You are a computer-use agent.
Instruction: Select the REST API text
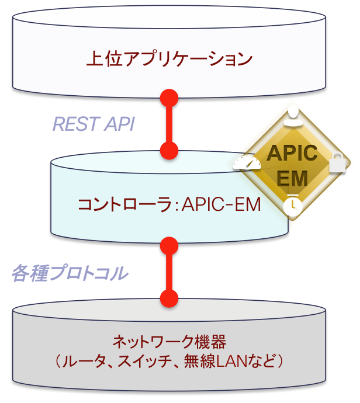point(94,124)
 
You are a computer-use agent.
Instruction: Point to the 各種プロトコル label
point(70,273)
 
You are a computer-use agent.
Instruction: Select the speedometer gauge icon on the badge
point(246,164)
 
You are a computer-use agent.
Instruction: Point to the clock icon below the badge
point(291,206)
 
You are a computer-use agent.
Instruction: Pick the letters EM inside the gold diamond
point(292,177)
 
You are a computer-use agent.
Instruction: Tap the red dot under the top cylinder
point(169,96)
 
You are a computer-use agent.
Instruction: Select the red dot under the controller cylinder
point(169,244)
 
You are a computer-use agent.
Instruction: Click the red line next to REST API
point(169,124)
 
